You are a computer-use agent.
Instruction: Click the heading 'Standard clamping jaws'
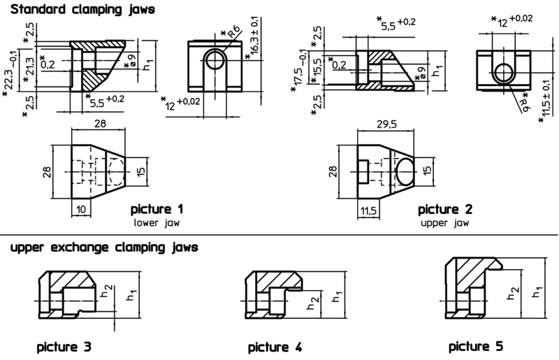coord(78,10)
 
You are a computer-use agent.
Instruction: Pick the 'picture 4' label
coord(275,347)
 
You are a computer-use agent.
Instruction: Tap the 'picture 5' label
coord(475,346)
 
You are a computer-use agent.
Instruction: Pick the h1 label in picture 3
coord(131,296)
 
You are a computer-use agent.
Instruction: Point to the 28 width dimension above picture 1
coord(99,124)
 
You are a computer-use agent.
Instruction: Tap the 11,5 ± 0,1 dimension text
coord(546,102)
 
